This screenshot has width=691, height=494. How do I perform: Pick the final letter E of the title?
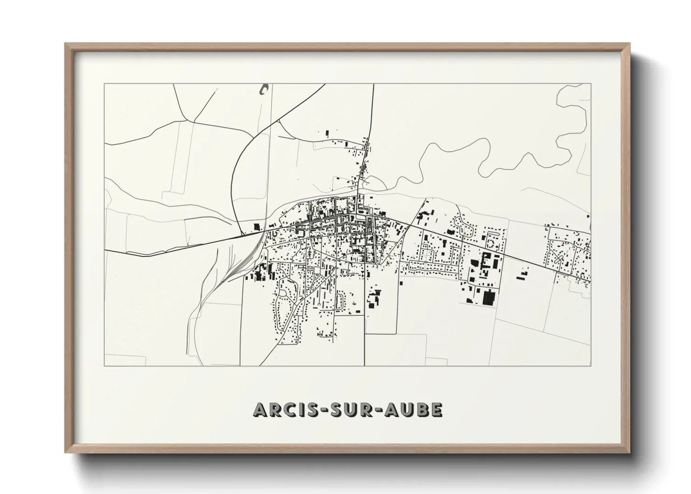tap(437, 409)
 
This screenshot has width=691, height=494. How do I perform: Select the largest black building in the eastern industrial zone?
tap(488, 297)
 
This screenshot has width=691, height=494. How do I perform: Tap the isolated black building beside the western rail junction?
tap(256, 226)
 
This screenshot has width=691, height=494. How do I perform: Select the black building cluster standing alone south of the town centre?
tap(374, 299)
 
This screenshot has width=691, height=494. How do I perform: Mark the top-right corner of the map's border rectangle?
tap(591, 84)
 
